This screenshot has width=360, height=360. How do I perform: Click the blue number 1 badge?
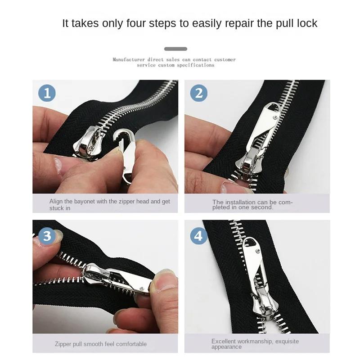(x=47, y=93)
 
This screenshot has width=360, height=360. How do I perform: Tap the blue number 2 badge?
(x=198, y=93)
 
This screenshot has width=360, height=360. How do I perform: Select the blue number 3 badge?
(x=47, y=236)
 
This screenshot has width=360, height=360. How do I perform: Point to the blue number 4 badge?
(x=198, y=236)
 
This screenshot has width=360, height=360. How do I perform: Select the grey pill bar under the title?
(x=175, y=49)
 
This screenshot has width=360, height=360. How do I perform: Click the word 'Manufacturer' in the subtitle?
(x=129, y=59)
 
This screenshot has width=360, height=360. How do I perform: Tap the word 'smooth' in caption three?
(x=92, y=344)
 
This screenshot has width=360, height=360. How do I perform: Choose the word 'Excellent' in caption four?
(x=224, y=342)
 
